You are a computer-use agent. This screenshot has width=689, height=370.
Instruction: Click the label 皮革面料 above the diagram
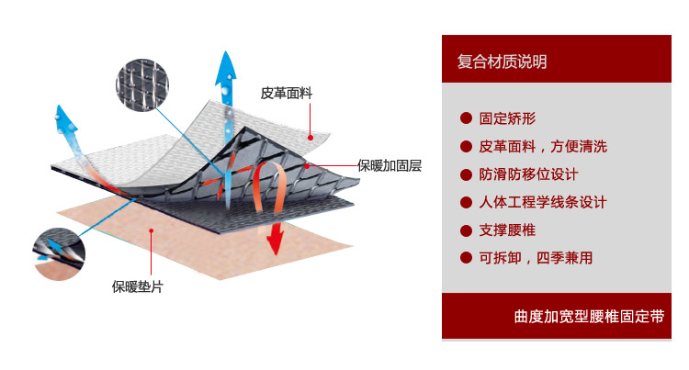click(286, 93)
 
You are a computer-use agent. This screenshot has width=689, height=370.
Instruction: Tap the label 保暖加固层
click(390, 165)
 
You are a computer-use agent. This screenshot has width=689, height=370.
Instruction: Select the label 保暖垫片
click(138, 286)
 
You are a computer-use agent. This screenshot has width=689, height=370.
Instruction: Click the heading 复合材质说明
click(502, 62)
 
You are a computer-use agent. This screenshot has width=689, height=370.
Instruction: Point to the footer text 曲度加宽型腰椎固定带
click(589, 316)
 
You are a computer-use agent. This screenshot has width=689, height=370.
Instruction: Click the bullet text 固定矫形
click(507, 118)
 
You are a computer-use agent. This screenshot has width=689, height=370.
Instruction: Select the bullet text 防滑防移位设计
click(528, 174)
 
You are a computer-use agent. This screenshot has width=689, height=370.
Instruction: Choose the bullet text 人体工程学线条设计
click(543, 202)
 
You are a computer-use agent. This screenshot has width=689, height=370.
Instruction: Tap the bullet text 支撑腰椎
click(507, 230)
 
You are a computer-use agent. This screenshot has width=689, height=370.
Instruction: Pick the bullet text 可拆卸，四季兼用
click(536, 258)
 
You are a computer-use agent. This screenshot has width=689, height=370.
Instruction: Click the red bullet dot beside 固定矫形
click(466, 118)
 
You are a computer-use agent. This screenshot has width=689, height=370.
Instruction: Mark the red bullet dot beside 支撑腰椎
click(466, 230)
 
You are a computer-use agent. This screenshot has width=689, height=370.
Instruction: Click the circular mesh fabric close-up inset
click(141, 85)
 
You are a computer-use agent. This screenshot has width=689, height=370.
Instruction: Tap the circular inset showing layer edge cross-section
click(59, 254)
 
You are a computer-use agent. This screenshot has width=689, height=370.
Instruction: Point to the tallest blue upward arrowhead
click(226, 69)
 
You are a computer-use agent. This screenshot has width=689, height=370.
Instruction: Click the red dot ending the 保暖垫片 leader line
click(151, 230)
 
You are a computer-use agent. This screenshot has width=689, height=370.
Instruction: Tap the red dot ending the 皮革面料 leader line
click(311, 138)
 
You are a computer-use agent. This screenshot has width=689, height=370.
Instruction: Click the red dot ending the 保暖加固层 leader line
click(307, 166)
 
